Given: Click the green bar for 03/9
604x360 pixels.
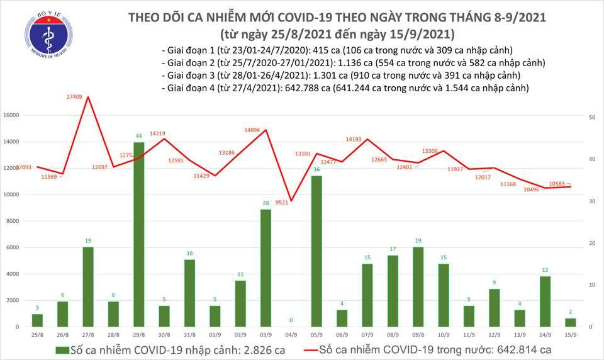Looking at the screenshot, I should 266,267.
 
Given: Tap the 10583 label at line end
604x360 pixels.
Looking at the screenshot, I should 558,183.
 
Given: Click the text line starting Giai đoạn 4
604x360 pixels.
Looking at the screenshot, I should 344,88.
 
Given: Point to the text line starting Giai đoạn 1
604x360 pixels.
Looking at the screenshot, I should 337,50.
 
